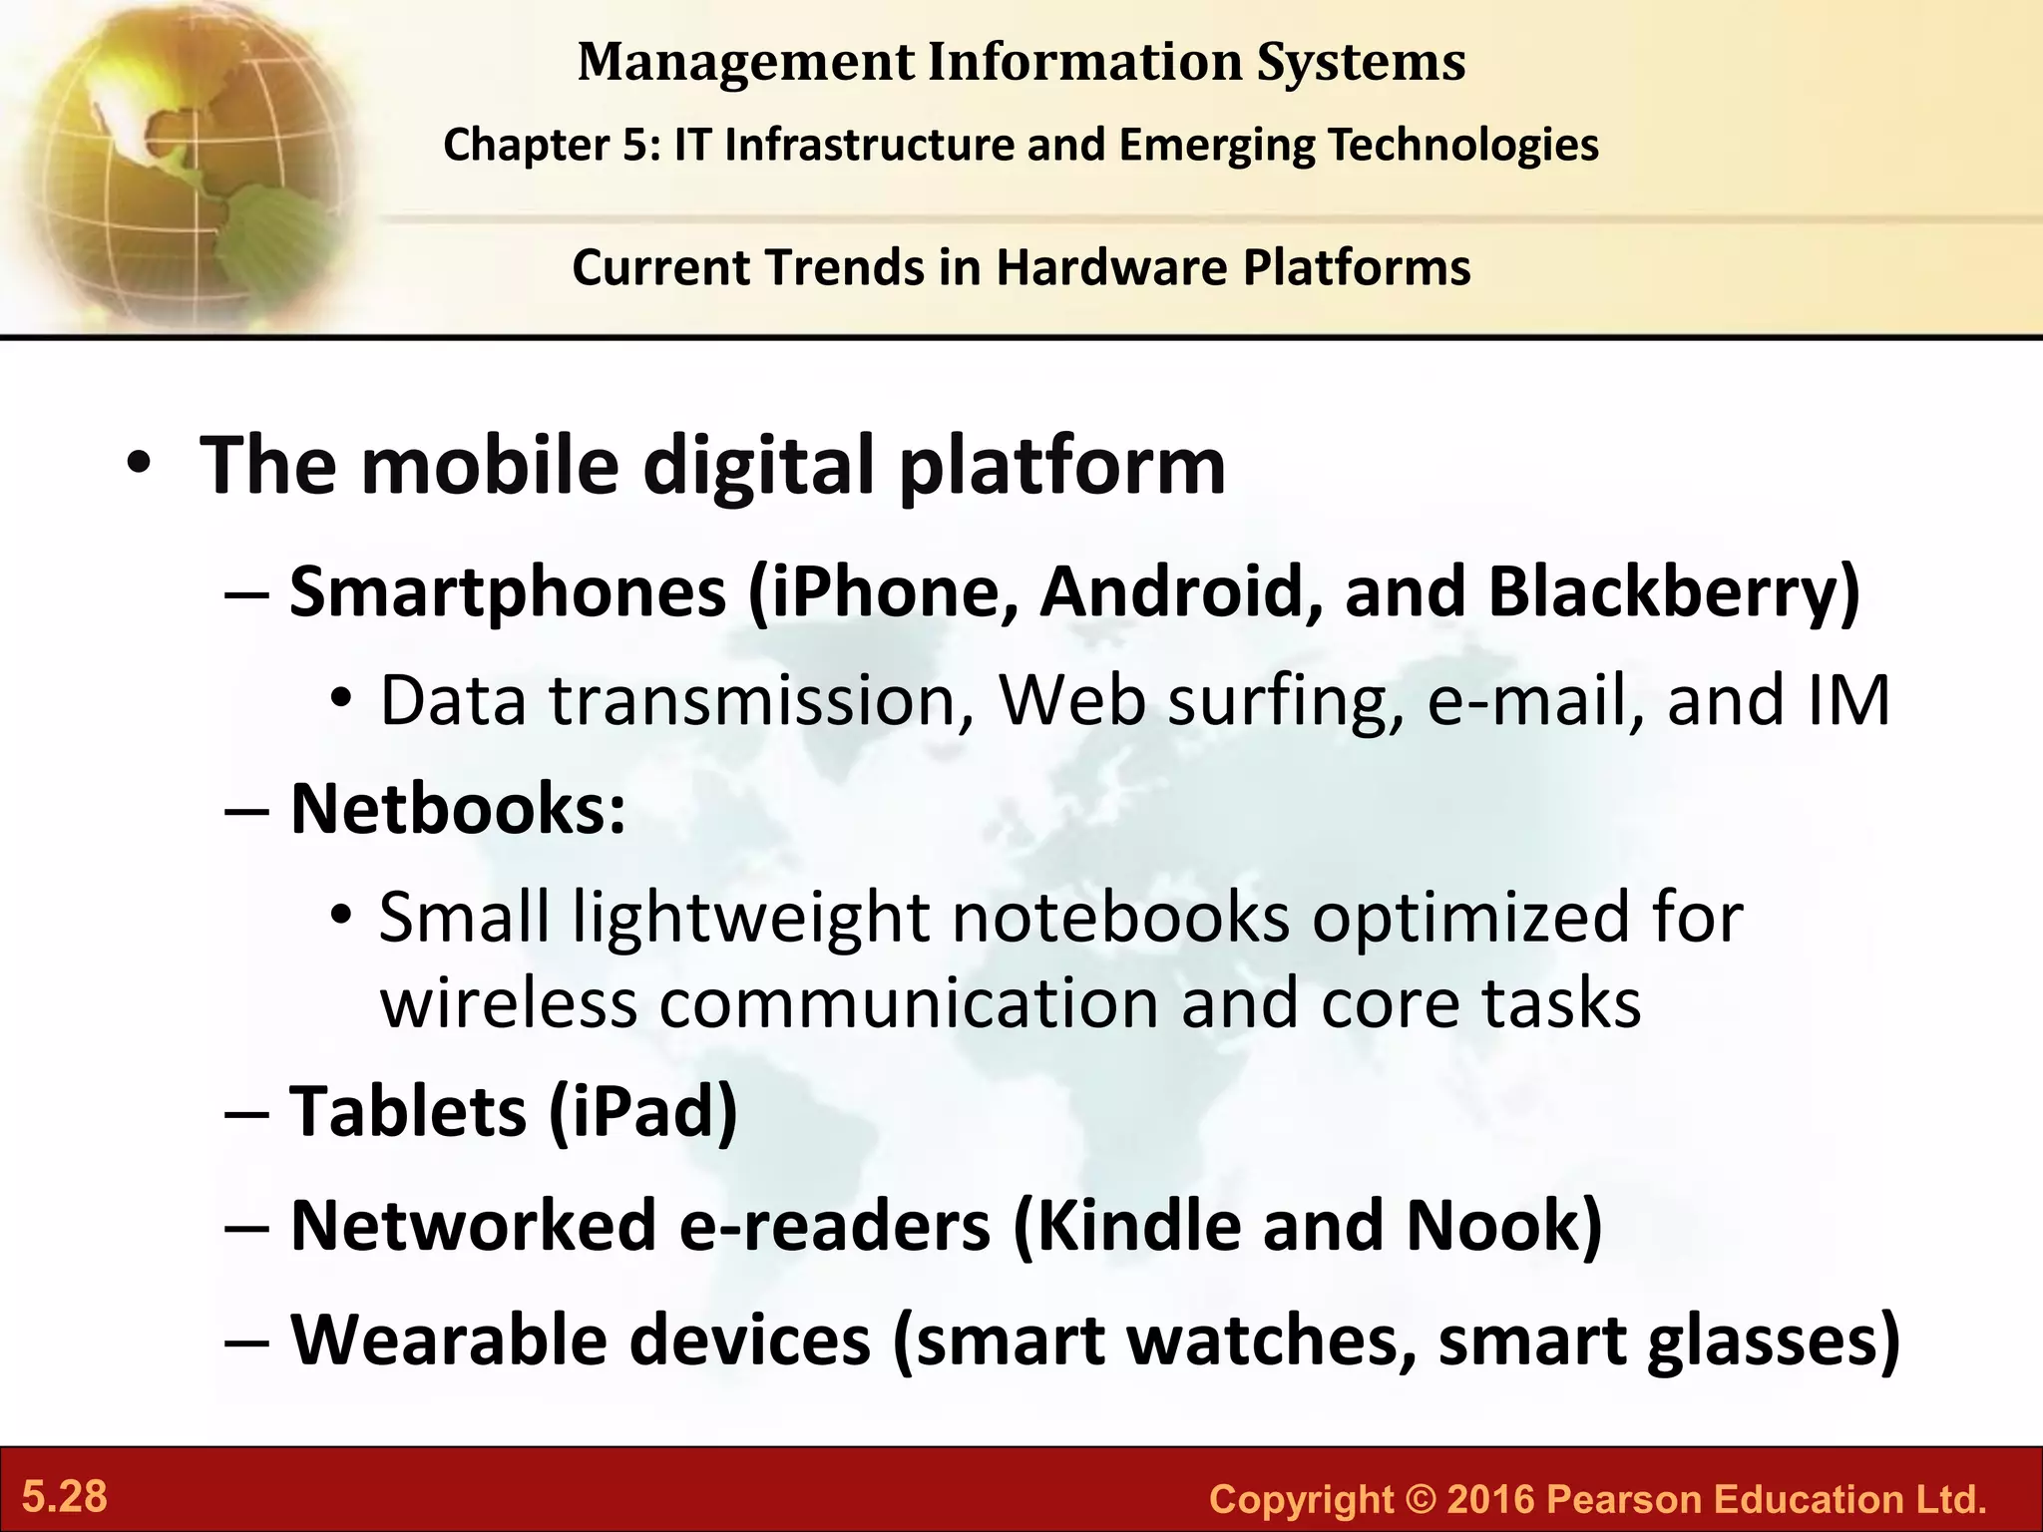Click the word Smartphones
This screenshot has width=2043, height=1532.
[508, 592]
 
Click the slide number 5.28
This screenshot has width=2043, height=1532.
[65, 1497]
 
